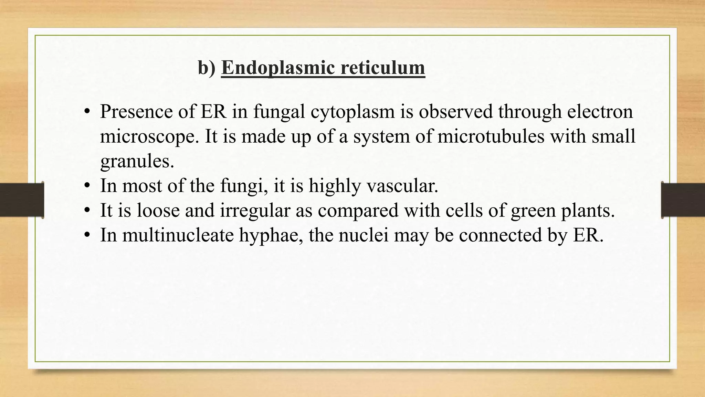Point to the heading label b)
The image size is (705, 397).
pos(207,68)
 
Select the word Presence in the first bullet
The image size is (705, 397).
pos(137,112)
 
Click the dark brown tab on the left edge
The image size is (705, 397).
pos(22,200)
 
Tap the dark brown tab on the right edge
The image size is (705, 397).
pos(683,200)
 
